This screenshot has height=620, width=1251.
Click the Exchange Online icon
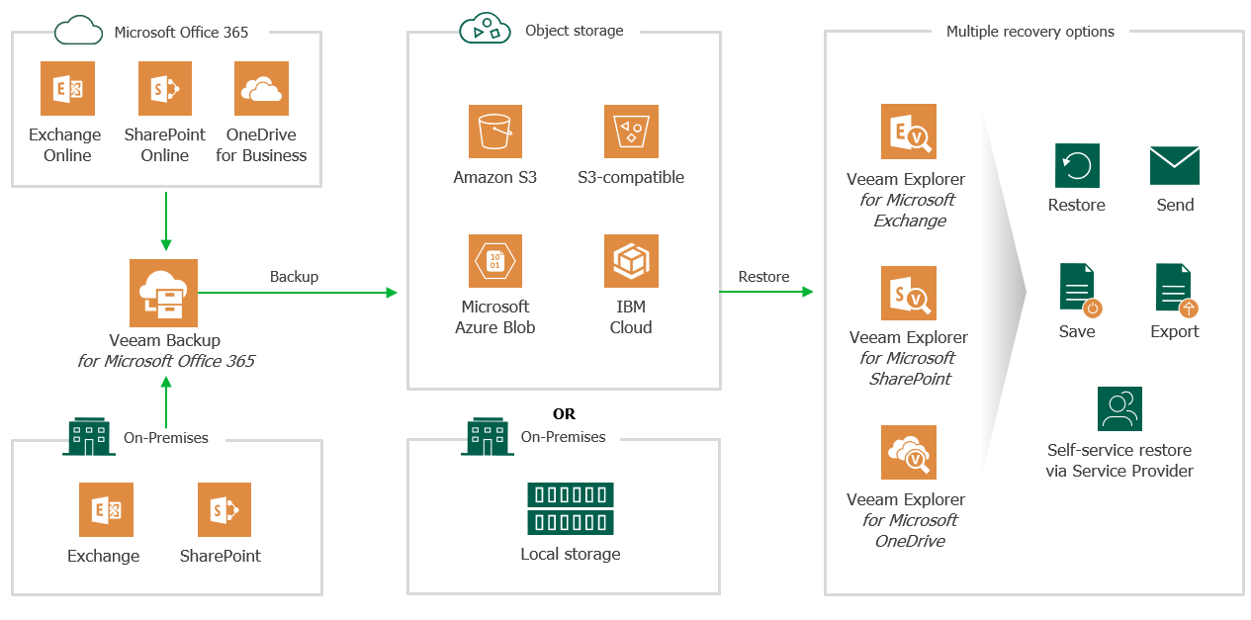[x=67, y=88]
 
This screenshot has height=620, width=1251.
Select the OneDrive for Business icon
[x=261, y=88]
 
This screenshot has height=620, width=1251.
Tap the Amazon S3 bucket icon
[x=495, y=132]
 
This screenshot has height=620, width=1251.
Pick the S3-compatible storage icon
[x=631, y=132]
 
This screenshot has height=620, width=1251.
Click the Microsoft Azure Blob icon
[x=495, y=261]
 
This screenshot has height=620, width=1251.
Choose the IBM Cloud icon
[x=631, y=261]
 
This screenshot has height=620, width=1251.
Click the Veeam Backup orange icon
[x=163, y=293]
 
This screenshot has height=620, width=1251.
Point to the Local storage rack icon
[x=571, y=508]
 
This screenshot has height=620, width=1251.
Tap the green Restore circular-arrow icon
[x=1077, y=165]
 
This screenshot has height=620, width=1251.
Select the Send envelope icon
[x=1175, y=165]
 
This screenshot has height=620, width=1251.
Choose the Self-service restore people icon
[x=1119, y=408]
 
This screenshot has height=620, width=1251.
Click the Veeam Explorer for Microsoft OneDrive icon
[x=909, y=453]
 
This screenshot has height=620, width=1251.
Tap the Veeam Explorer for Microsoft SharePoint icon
[x=909, y=293]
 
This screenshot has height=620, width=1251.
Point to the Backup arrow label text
[x=294, y=277]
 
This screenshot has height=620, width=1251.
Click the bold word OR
[x=564, y=414]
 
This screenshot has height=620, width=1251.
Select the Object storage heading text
[x=575, y=31]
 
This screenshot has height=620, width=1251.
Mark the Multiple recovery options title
[x=1029, y=32]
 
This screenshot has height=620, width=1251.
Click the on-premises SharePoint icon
[x=224, y=509]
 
